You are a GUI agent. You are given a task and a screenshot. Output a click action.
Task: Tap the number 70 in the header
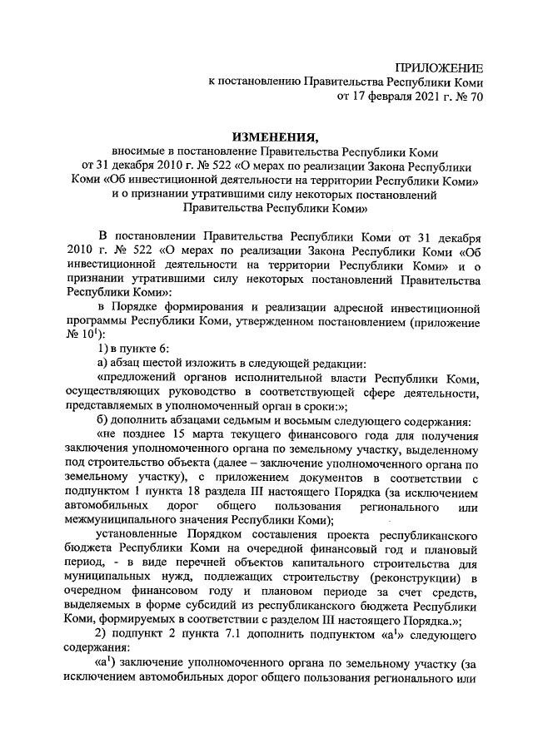pyautogui.click(x=474, y=97)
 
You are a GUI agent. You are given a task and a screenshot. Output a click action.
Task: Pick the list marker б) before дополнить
pyautogui.click(x=104, y=421)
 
